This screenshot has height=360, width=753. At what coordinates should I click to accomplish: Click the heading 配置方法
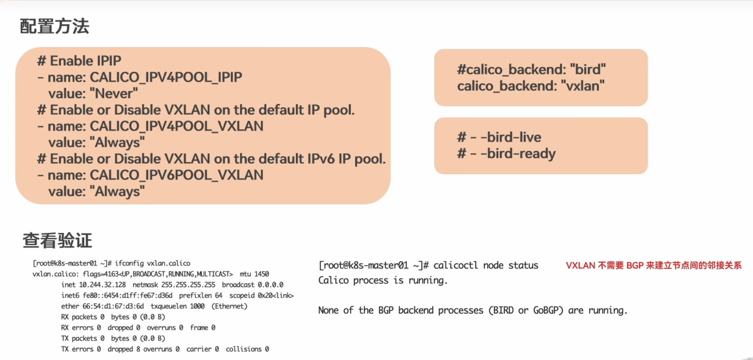click(55, 27)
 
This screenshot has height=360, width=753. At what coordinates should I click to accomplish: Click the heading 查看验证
click(58, 241)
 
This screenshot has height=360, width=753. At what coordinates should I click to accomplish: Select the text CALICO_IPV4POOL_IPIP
click(166, 77)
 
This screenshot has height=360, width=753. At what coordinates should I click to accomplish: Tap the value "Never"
click(113, 94)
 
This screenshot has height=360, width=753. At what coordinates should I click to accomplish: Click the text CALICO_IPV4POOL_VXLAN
click(176, 126)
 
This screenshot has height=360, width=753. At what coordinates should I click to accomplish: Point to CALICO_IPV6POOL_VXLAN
click(176, 175)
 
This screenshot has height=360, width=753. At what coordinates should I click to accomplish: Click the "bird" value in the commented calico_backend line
click(588, 70)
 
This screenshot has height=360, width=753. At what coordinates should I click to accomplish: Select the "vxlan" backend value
click(583, 86)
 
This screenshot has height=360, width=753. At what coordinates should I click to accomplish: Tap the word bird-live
click(514, 137)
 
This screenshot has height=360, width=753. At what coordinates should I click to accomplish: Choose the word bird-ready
click(521, 154)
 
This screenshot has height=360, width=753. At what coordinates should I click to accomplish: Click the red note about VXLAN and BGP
click(654, 265)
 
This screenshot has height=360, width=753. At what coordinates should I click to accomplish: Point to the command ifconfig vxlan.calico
click(153, 263)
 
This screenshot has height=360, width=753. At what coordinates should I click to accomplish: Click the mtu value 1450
click(261, 274)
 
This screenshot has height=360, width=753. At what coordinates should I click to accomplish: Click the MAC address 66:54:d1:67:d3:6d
click(113, 306)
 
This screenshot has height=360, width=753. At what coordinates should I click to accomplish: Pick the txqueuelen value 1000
click(197, 306)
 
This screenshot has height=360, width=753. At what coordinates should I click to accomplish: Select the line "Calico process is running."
click(383, 280)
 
